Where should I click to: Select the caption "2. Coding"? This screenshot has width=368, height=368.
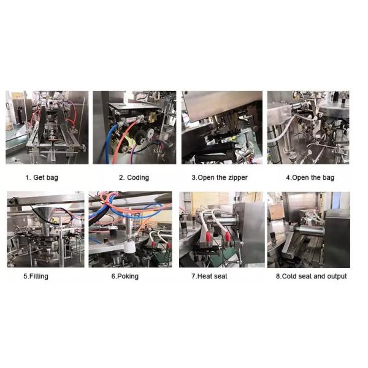[134, 178]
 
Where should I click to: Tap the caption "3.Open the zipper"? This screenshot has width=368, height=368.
[221, 178]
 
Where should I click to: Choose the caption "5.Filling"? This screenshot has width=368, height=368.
[36, 277]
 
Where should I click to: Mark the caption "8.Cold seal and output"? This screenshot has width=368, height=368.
[311, 277]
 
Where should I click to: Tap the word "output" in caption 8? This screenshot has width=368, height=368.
[335, 277]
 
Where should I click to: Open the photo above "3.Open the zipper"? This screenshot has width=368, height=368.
[221, 128]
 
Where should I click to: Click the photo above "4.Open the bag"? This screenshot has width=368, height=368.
[309, 128]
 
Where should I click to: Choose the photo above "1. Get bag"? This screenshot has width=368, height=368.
[47, 128]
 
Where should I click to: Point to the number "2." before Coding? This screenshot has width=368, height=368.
[121, 178]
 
